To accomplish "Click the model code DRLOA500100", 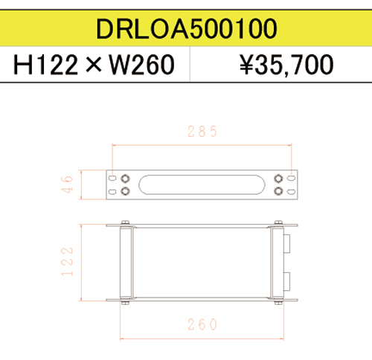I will pyautogui.click(x=186, y=28).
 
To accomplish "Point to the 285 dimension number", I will pyautogui.click(x=202, y=132).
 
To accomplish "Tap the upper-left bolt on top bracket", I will pyautogui.click(x=124, y=179).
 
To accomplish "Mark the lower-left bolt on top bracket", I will pyautogui.click(x=124, y=192).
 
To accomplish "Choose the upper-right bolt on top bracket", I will pyautogui.click(x=279, y=179).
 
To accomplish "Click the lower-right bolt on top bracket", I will pyautogui.click(x=279, y=192).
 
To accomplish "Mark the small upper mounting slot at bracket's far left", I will pyautogui.click(x=111, y=179).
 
